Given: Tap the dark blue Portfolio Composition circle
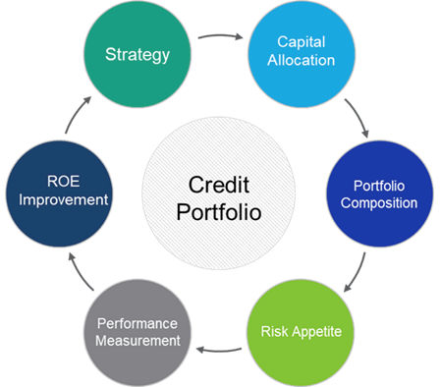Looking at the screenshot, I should (384, 193).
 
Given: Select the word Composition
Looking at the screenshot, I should (384, 202).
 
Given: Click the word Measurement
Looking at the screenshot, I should (138, 341).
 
